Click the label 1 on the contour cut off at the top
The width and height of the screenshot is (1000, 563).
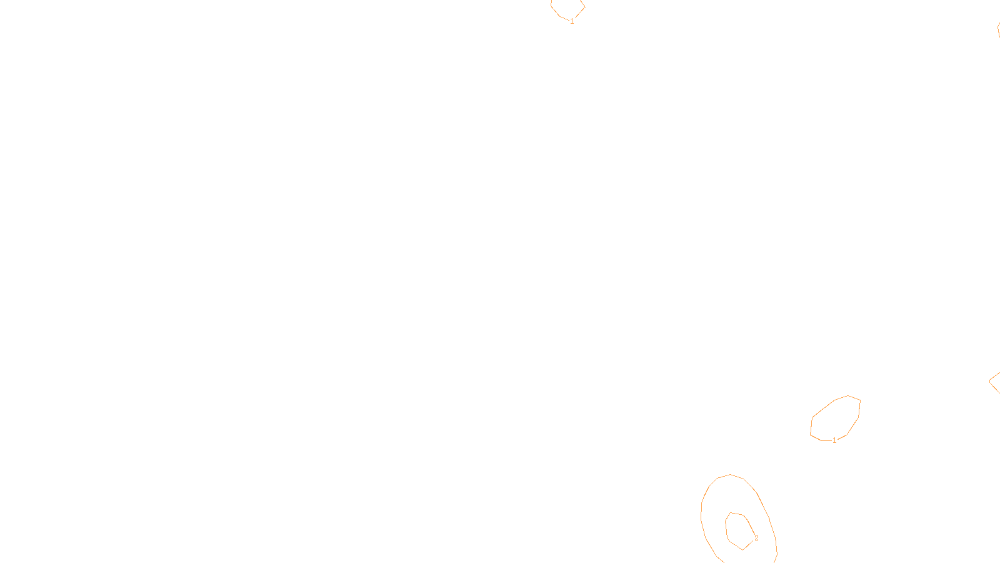[572, 21]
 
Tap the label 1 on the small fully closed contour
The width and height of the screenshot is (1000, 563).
[834, 440]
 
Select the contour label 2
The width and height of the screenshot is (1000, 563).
[756, 538]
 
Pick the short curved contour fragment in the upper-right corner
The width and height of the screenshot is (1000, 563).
[998, 29]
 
